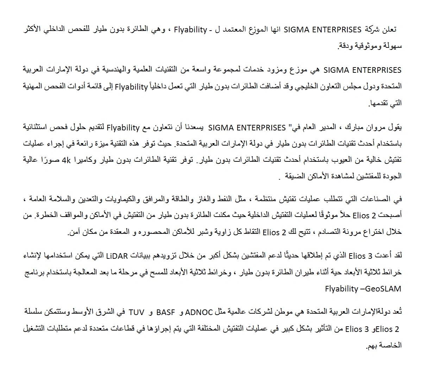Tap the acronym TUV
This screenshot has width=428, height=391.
(x=137, y=312)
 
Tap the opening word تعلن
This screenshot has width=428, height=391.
(x=389, y=30)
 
